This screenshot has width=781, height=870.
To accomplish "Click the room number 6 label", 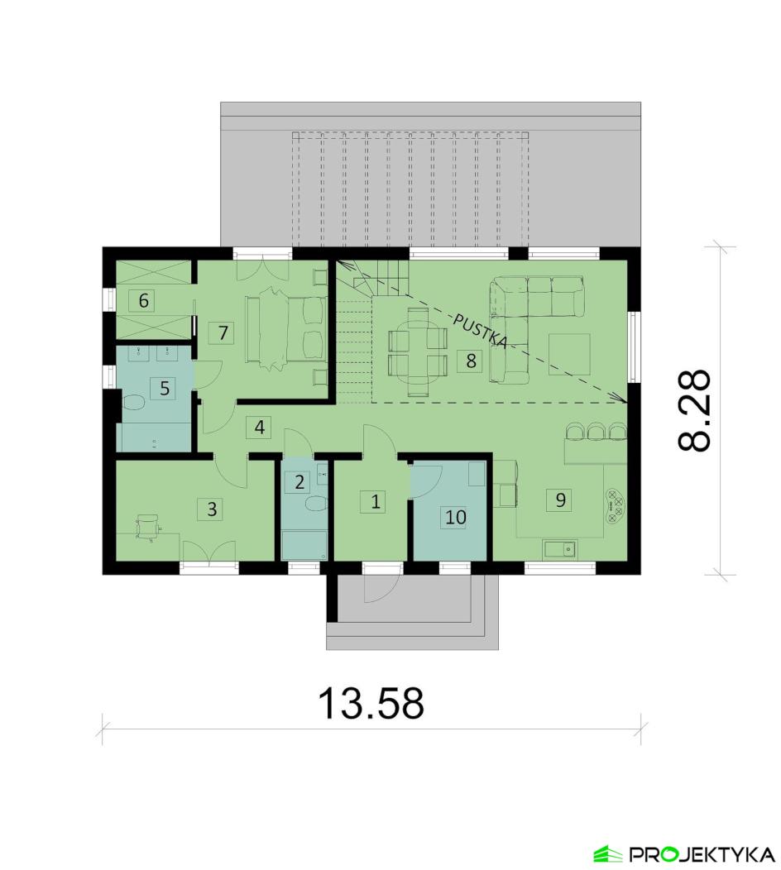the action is pyautogui.click(x=143, y=301).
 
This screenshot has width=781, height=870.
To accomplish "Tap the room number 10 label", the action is pyautogui.click(x=456, y=517).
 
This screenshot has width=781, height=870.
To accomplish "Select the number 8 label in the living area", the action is pyautogui.click(x=471, y=361).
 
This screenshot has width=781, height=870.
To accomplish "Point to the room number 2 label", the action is pyautogui.click(x=299, y=482).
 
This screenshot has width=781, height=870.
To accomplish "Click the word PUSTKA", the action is pyautogui.click(x=481, y=332).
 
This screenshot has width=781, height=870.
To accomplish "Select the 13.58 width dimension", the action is pyautogui.click(x=371, y=702).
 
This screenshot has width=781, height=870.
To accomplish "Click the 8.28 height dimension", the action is pyautogui.click(x=694, y=410).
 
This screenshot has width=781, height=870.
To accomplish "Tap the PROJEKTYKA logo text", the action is pyautogui.click(x=701, y=853).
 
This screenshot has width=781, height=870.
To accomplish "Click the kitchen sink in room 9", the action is pyautogui.click(x=559, y=549).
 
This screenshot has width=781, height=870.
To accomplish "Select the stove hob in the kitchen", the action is pyautogui.click(x=615, y=505).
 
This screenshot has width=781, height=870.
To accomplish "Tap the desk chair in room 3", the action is pyautogui.click(x=147, y=525).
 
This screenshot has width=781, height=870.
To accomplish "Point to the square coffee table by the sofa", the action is pyautogui.click(x=569, y=354).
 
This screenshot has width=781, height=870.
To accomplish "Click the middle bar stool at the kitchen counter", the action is pyautogui.click(x=597, y=431).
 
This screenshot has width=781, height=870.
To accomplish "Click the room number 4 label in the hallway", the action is pyautogui.click(x=259, y=428).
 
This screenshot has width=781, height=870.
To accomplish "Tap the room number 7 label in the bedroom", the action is pyautogui.click(x=223, y=333).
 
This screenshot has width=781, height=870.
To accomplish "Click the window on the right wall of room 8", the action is pyautogui.click(x=634, y=347).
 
